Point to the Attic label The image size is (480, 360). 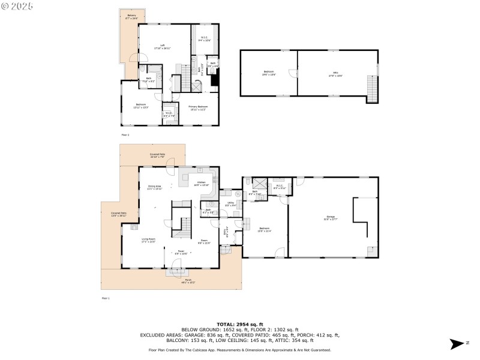coord(335,74)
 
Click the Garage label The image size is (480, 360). coord(331,217)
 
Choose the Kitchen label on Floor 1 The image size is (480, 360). coord(202,183)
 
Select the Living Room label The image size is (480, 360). coord(148,241)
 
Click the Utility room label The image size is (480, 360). coord(230,204)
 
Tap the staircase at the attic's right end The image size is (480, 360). coord(373,91)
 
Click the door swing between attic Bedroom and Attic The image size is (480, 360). coord(294,73)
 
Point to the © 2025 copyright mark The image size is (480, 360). coord(17,5)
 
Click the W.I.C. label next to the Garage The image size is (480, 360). coord(279,187)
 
